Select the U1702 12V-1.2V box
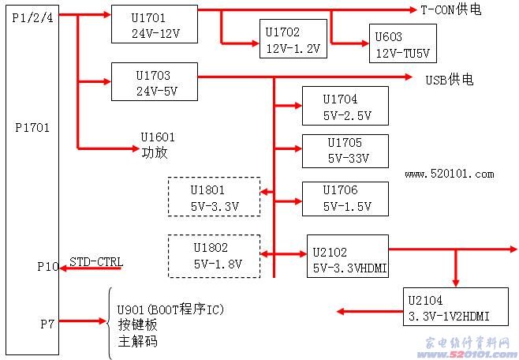point(293,39)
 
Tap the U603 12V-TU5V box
point(401,43)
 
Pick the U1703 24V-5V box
point(154,82)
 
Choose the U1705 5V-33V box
point(345,151)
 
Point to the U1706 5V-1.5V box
point(345,198)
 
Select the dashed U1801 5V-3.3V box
point(214,197)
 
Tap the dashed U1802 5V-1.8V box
point(214,255)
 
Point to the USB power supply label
point(450,79)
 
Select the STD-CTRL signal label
point(95,261)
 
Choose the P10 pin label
point(47,267)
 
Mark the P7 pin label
point(47,322)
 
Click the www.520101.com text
point(449,174)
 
